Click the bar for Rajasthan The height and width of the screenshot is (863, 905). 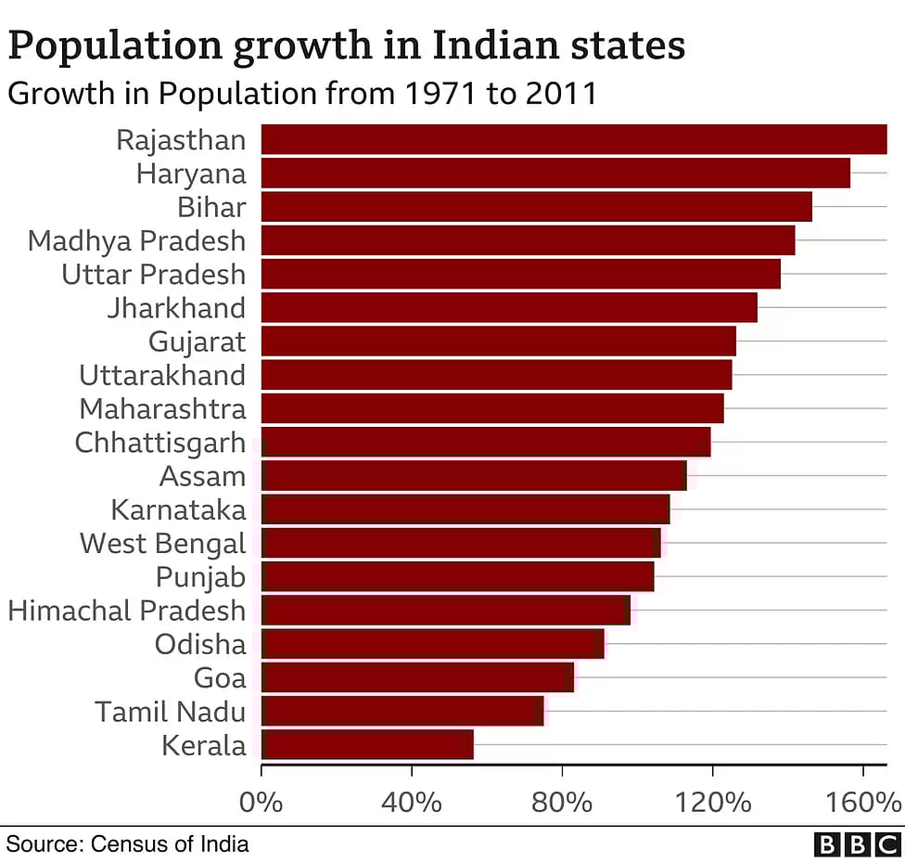point(573,139)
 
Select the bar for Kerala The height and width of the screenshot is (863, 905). point(367,744)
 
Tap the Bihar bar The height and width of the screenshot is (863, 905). point(536,206)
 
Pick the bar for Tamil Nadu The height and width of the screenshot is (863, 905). point(402,711)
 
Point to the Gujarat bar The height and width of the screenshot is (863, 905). point(498,341)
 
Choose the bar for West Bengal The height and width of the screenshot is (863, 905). point(461,543)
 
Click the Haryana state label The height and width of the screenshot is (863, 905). point(191,174)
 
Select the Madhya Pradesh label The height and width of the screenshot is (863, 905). point(137,240)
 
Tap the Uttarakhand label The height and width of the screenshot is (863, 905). point(162,375)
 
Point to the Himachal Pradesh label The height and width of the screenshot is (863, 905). point(127,611)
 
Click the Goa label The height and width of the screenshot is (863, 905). point(220,677)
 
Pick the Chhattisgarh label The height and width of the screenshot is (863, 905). point(160,443)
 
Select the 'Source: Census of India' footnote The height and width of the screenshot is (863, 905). point(128,844)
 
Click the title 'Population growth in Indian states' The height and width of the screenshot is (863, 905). point(346,45)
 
